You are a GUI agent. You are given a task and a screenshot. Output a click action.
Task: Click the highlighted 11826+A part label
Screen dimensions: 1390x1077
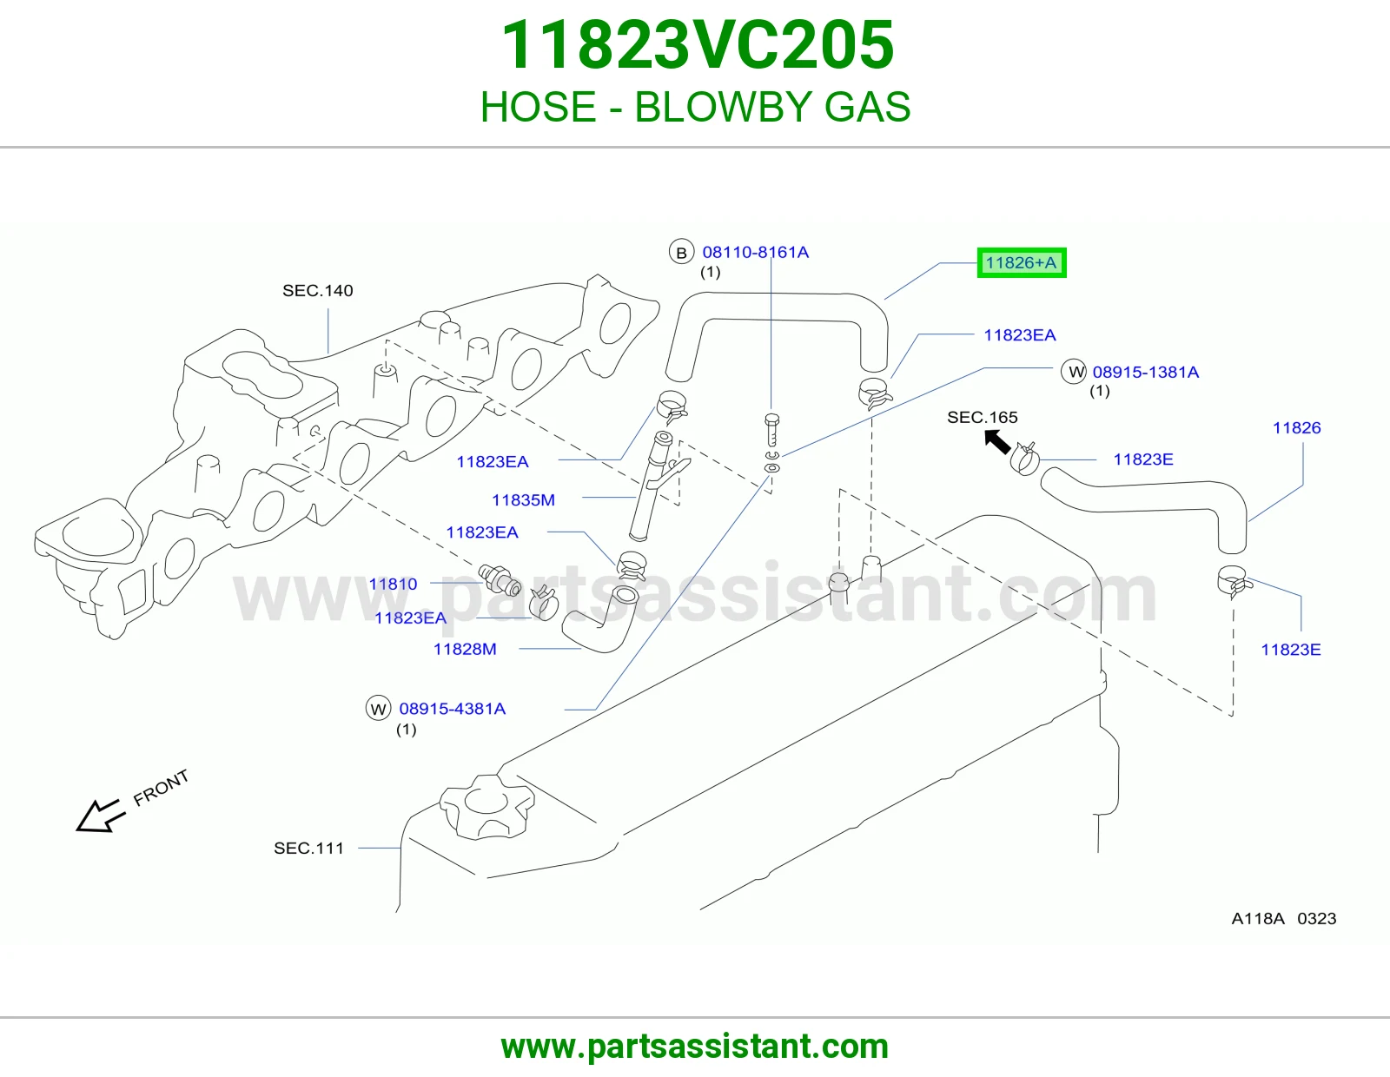(1022, 263)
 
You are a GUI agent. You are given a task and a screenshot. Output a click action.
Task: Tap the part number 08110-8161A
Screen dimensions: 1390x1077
(756, 252)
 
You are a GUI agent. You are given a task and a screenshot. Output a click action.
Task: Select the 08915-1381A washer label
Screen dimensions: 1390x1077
(1145, 373)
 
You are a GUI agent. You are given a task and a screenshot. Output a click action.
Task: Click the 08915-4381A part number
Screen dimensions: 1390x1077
(453, 709)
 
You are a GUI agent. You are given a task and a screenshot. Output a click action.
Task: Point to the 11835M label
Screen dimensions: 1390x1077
(523, 500)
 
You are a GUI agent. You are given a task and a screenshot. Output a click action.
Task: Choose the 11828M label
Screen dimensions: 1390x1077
(465, 649)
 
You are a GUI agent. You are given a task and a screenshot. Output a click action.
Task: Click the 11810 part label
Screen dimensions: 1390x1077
(393, 584)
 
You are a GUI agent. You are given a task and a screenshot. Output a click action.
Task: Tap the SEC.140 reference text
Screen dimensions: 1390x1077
(318, 291)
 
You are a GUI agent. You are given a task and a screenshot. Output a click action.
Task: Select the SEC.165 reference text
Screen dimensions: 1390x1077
(983, 418)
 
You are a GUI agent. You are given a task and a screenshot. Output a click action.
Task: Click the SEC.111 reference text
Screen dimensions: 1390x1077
(309, 848)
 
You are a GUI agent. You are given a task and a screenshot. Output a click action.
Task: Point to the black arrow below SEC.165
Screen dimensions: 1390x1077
(997, 442)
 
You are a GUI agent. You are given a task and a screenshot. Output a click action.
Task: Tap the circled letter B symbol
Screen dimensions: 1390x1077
(681, 253)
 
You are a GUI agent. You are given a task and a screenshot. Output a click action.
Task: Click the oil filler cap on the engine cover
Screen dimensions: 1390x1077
(486, 806)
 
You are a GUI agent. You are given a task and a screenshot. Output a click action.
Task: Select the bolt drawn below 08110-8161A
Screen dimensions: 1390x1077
(772, 430)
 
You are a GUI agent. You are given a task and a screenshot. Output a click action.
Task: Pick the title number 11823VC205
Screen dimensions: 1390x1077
(698, 44)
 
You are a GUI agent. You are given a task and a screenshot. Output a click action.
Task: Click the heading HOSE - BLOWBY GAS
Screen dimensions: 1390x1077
(695, 107)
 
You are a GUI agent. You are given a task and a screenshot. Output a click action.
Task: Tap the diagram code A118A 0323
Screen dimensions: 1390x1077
(1284, 918)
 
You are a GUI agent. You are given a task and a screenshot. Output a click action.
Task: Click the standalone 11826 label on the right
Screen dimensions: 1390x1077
(1296, 428)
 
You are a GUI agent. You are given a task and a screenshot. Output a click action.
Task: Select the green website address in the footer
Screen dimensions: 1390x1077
(695, 1047)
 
